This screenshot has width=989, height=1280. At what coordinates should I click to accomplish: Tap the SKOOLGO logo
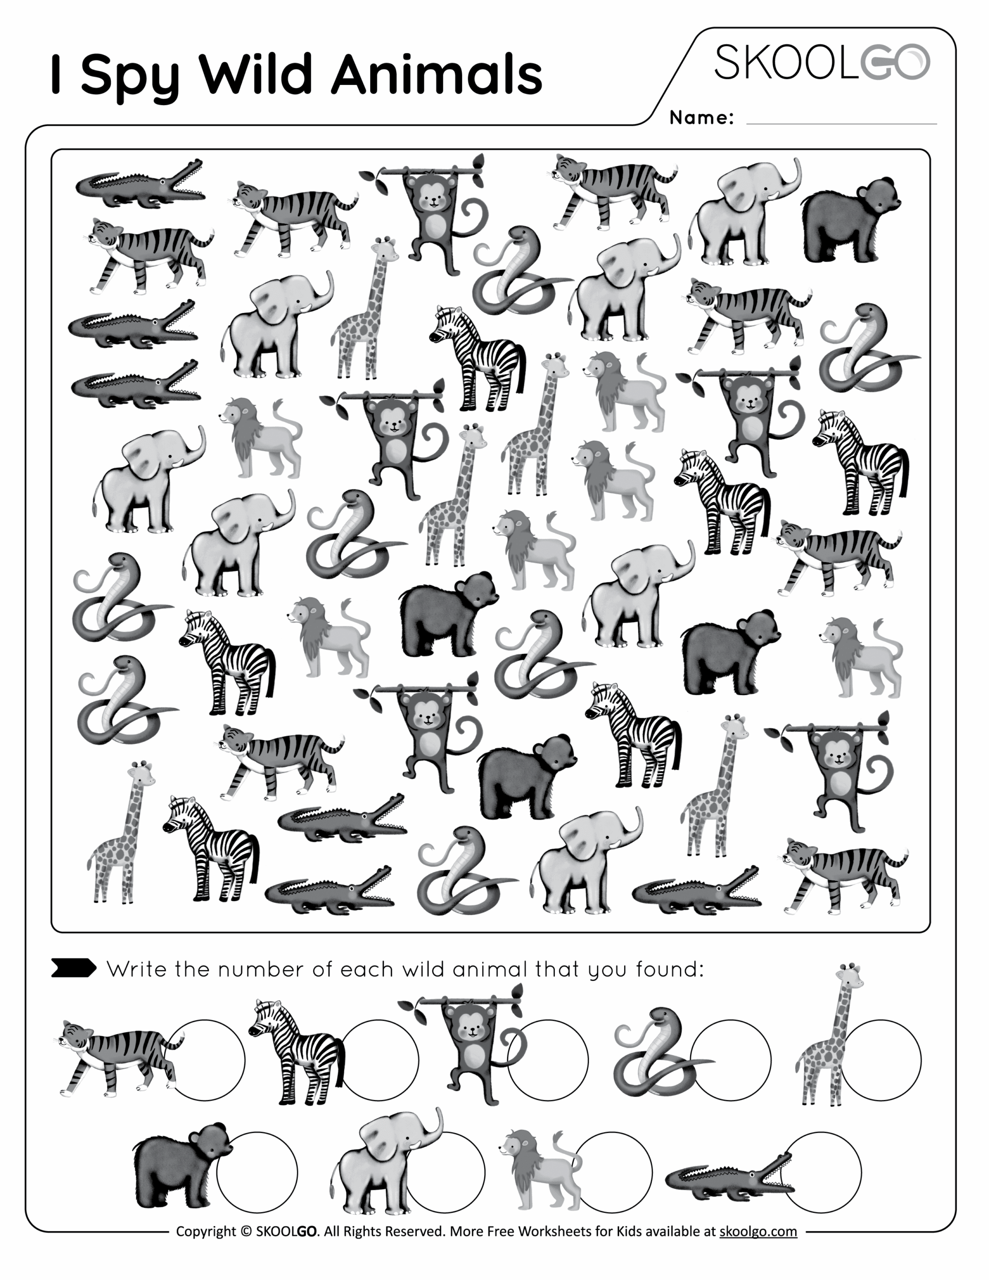(x=822, y=62)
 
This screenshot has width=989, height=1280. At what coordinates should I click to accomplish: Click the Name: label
(x=701, y=118)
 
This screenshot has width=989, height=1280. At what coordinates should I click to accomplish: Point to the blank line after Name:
(x=842, y=124)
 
